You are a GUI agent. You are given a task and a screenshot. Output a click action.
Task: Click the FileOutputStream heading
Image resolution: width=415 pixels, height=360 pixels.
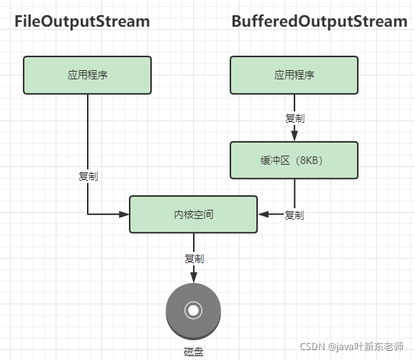[81, 21]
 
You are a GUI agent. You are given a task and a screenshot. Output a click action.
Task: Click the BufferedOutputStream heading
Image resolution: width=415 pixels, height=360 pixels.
[319, 21]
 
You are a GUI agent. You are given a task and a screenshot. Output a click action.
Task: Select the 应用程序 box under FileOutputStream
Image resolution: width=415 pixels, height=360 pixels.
[88, 75]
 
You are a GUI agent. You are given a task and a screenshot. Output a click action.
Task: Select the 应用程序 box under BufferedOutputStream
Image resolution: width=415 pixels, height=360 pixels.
[294, 75]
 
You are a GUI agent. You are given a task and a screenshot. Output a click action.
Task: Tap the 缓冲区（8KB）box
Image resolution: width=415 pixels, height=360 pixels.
[294, 160]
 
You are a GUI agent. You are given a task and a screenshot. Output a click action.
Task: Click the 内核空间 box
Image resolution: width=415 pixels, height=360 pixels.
[194, 214]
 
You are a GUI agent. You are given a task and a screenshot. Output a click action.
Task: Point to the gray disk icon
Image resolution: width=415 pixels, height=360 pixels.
[193, 310]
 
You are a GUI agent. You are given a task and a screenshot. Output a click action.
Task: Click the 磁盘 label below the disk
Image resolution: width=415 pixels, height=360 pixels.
[194, 351]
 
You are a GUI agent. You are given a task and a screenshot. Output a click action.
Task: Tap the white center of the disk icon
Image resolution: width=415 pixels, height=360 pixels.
[193, 310]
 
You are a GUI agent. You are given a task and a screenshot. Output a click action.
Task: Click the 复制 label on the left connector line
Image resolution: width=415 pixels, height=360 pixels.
[88, 176]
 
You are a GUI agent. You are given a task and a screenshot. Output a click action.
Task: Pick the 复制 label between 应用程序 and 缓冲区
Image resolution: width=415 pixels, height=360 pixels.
[294, 118]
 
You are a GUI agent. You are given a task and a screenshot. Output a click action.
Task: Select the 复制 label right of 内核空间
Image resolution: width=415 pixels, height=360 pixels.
[294, 215]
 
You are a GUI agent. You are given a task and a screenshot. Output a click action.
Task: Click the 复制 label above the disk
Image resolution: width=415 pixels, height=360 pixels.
[194, 258]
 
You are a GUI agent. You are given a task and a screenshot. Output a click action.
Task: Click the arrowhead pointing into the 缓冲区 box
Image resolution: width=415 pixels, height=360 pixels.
[294, 137]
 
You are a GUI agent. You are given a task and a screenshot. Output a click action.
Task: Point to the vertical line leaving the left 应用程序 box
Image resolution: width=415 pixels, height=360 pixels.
[88, 130]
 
